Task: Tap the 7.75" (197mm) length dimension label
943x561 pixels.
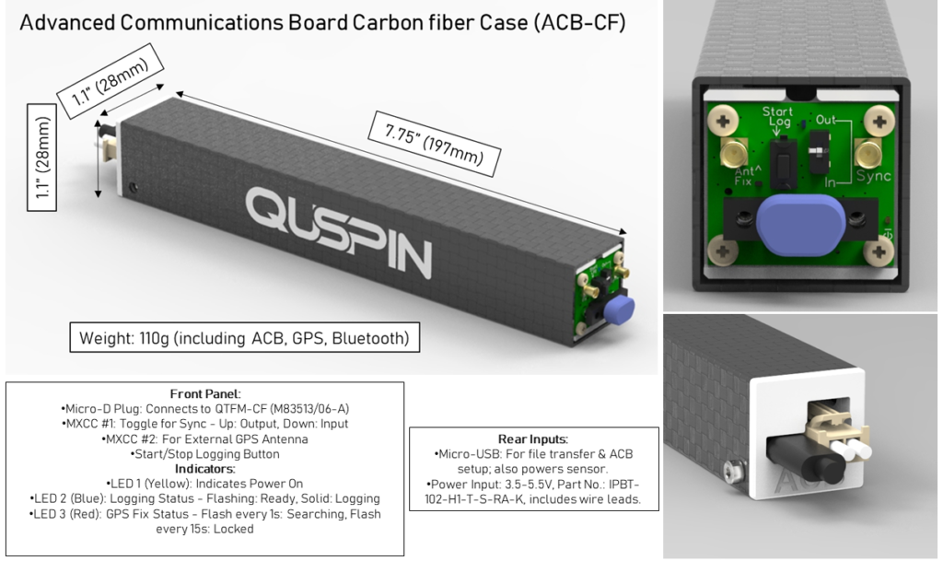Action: point(435,144)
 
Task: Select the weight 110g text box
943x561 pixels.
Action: point(244,338)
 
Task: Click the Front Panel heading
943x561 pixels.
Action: point(205,394)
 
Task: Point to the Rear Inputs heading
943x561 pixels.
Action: point(533,438)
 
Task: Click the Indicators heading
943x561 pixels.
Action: point(205,468)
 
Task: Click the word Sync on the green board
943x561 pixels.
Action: point(873,176)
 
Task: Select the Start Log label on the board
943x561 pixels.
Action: point(778,117)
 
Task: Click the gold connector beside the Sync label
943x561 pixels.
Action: point(867,154)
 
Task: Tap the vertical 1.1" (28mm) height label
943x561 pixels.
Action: point(42,158)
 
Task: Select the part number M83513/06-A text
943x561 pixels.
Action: point(309,409)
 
